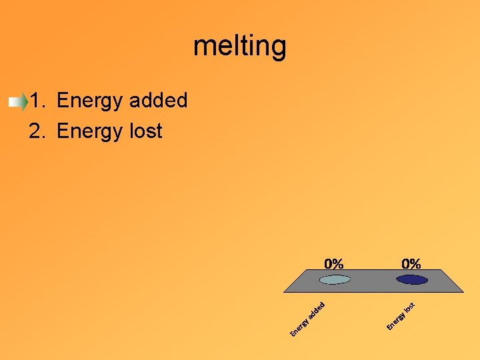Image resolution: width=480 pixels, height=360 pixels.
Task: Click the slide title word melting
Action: (240, 47)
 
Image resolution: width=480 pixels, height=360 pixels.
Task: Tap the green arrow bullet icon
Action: (18, 101)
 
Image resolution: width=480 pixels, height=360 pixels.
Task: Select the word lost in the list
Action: (145, 131)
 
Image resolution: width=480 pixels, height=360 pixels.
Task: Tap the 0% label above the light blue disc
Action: (334, 263)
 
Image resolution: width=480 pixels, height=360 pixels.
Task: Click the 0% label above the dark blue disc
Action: (411, 263)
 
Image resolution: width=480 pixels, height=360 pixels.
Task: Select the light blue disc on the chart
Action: (335, 279)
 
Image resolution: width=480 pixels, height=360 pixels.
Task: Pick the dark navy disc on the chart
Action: (411, 279)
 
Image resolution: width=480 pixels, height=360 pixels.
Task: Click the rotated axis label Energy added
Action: (307, 319)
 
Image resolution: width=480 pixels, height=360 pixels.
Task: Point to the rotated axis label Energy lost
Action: (401, 316)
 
